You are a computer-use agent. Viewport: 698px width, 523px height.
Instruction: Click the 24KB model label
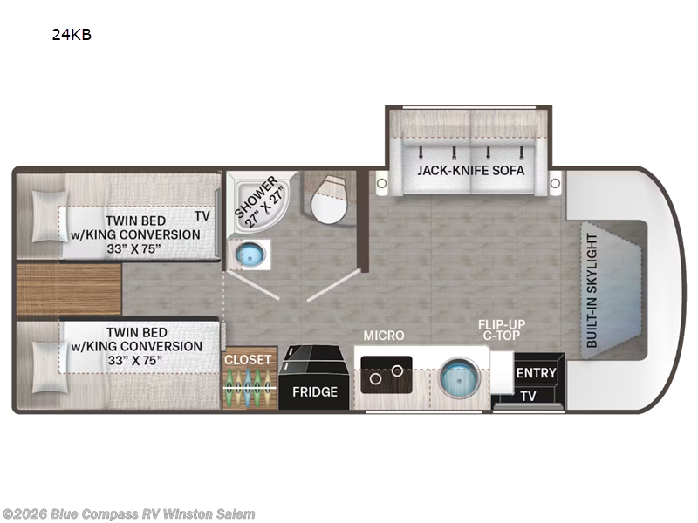(x=72, y=35)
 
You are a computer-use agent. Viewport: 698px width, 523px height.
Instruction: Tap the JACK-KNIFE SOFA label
(x=470, y=170)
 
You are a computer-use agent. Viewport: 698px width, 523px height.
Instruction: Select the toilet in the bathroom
(x=330, y=200)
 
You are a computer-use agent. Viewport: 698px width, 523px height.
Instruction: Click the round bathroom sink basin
(x=250, y=255)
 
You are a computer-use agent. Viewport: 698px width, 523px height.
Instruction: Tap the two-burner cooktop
(x=387, y=375)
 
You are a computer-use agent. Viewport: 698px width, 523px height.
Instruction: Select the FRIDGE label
(x=315, y=391)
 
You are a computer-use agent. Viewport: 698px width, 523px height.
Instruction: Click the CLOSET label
(x=248, y=360)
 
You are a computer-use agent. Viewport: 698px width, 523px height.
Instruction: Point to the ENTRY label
(x=536, y=373)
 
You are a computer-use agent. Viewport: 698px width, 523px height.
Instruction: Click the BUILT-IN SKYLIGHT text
(x=592, y=290)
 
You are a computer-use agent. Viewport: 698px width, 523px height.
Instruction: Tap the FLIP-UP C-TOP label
(x=502, y=330)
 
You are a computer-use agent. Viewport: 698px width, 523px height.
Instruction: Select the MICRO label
(x=384, y=336)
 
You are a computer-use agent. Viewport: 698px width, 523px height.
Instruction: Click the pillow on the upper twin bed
(x=49, y=216)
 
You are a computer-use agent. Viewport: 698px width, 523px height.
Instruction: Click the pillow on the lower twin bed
(x=50, y=367)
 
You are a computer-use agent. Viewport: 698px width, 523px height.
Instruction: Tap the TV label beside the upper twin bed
(x=202, y=215)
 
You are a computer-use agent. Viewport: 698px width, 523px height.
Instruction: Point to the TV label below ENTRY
(x=528, y=396)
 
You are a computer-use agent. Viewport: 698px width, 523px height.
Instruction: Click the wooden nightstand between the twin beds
(x=69, y=289)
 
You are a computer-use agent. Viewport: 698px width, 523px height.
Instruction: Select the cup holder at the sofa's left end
(x=381, y=183)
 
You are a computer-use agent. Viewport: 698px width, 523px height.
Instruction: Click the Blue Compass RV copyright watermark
(x=128, y=514)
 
